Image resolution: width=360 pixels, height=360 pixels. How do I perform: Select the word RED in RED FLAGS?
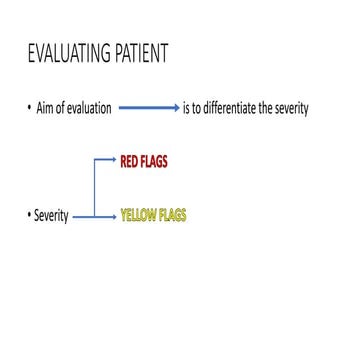[x=131, y=159]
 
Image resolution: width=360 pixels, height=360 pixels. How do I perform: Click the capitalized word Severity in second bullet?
[x=51, y=216]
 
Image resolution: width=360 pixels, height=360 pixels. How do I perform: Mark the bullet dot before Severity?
[x=30, y=216]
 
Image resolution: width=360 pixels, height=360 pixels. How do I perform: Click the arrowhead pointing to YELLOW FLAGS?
[x=113, y=216]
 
